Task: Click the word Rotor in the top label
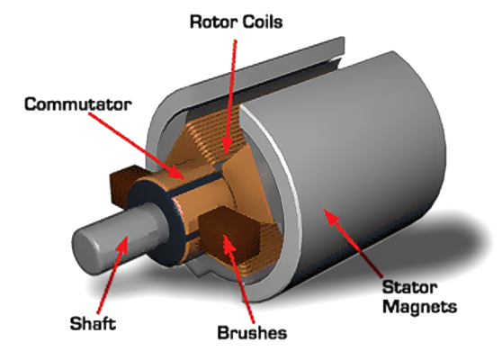(213, 22)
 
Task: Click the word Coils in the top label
(263, 22)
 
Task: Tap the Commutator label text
(77, 104)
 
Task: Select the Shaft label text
(93, 323)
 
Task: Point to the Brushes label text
(252, 332)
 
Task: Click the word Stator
(410, 287)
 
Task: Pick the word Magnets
(420, 306)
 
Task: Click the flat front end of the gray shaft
(83, 250)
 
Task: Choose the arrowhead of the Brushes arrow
(228, 244)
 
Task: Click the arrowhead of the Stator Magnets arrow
(330, 217)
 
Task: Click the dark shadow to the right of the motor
(461, 243)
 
